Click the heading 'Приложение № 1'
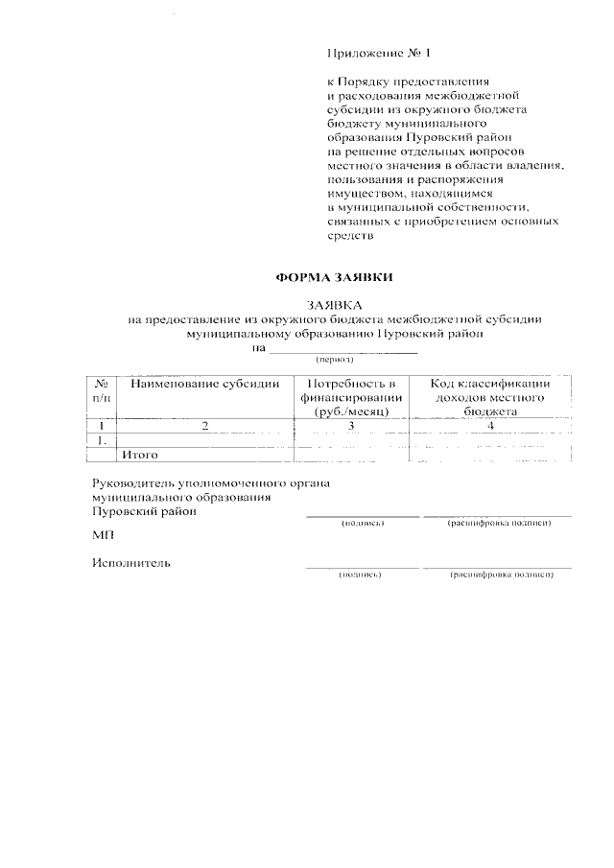[374, 52]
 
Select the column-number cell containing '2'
[205, 425]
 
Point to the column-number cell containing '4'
[489, 425]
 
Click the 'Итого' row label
[140, 454]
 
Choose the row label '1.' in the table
[102, 439]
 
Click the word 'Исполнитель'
[131, 563]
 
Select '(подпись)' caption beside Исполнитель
[361, 575]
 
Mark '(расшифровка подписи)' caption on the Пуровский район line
[499, 524]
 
